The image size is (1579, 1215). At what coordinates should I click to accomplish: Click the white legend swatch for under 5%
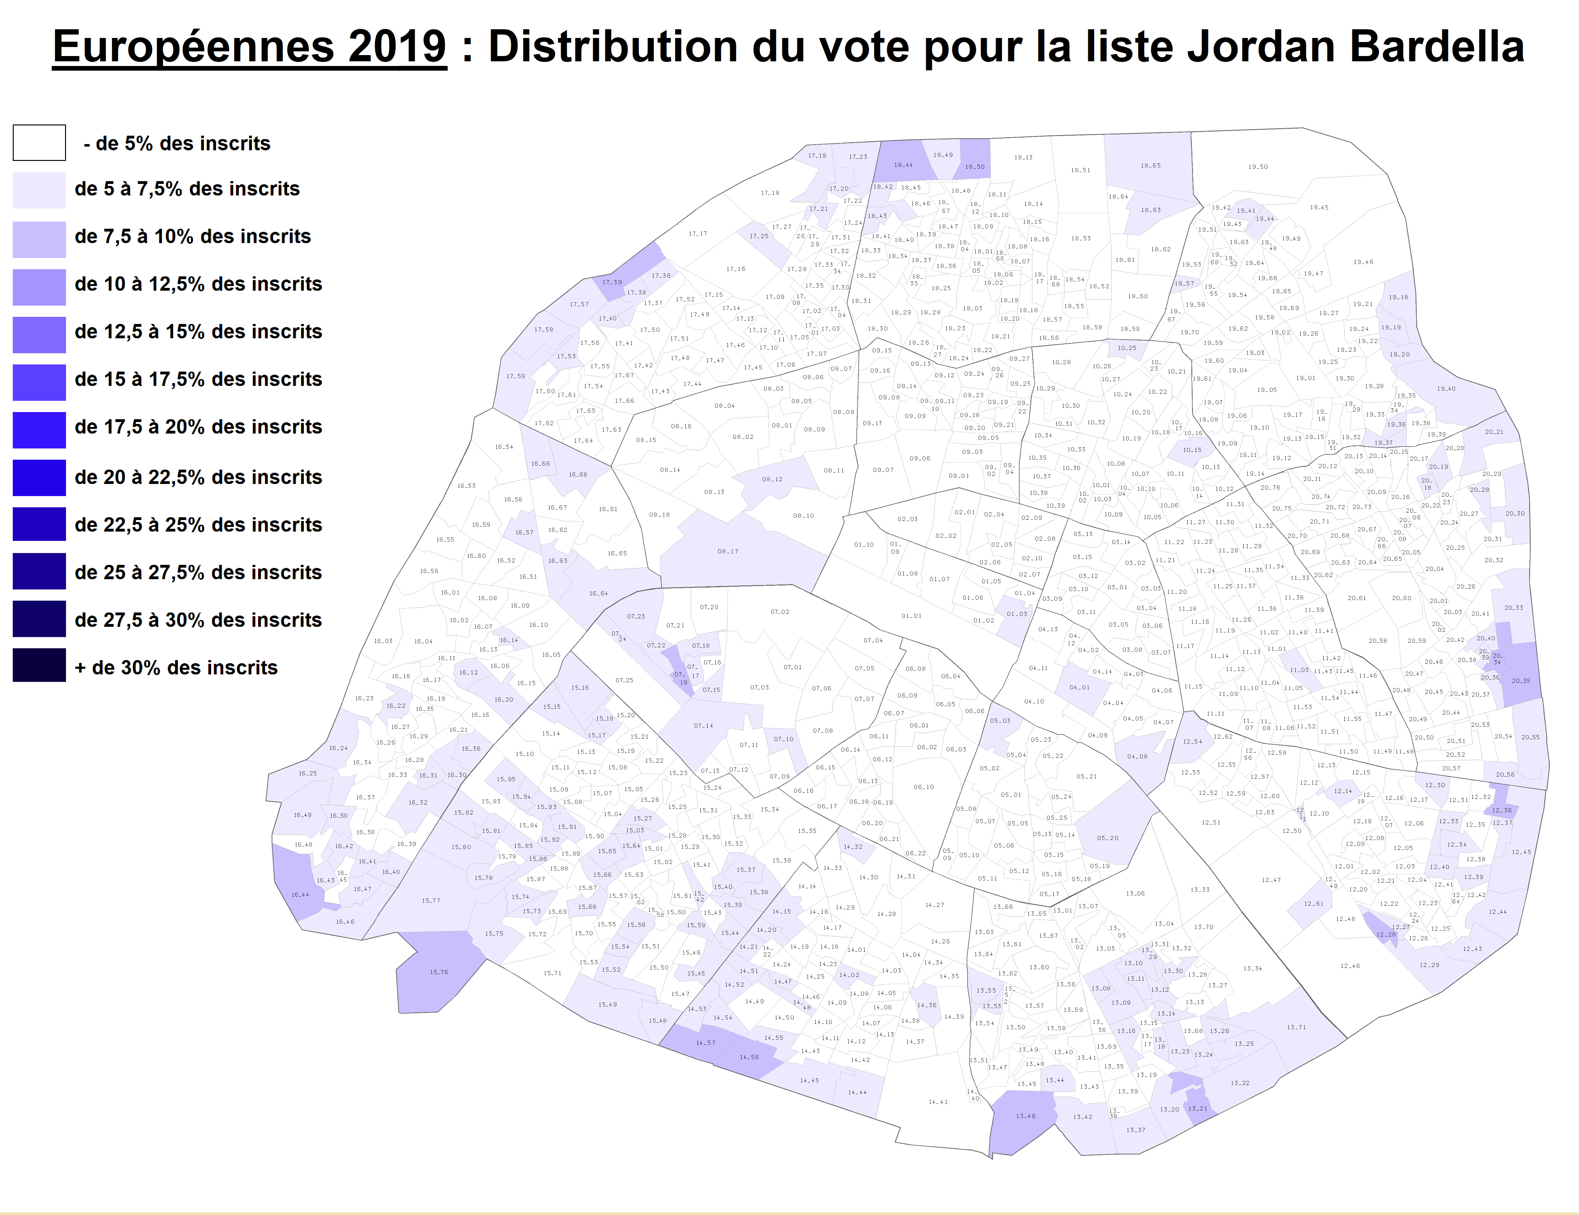click(39, 143)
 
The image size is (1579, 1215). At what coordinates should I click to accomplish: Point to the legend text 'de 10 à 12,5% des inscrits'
click(198, 284)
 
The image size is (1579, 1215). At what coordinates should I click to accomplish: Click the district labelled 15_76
click(439, 972)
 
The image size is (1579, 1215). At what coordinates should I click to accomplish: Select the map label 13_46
click(1025, 1116)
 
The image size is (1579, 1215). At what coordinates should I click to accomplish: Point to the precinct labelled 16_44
click(300, 895)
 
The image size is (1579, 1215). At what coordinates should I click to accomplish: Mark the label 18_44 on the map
click(903, 165)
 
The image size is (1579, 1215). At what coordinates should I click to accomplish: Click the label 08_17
click(728, 551)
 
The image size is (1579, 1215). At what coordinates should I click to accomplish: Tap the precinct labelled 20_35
click(1520, 681)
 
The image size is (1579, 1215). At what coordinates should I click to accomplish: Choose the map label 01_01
click(911, 616)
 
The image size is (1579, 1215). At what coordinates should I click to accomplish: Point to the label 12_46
click(1350, 966)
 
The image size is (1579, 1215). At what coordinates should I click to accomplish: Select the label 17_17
click(698, 233)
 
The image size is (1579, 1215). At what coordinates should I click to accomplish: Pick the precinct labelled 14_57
click(706, 1043)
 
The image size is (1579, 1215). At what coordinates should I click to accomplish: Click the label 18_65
click(1150, 166)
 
